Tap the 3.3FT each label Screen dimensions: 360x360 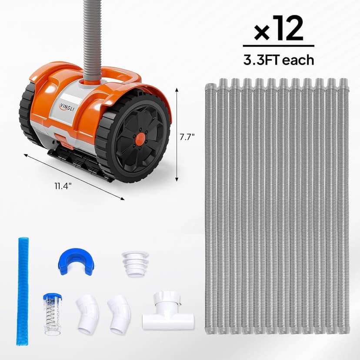pos(278,60)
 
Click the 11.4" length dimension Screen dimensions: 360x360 pos(63,186)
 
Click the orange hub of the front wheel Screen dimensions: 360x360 pos(140,139)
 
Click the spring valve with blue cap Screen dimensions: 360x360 pos(52,313)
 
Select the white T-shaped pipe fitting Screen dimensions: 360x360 pos(167,310)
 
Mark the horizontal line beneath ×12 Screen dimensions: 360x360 pos(278,46)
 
